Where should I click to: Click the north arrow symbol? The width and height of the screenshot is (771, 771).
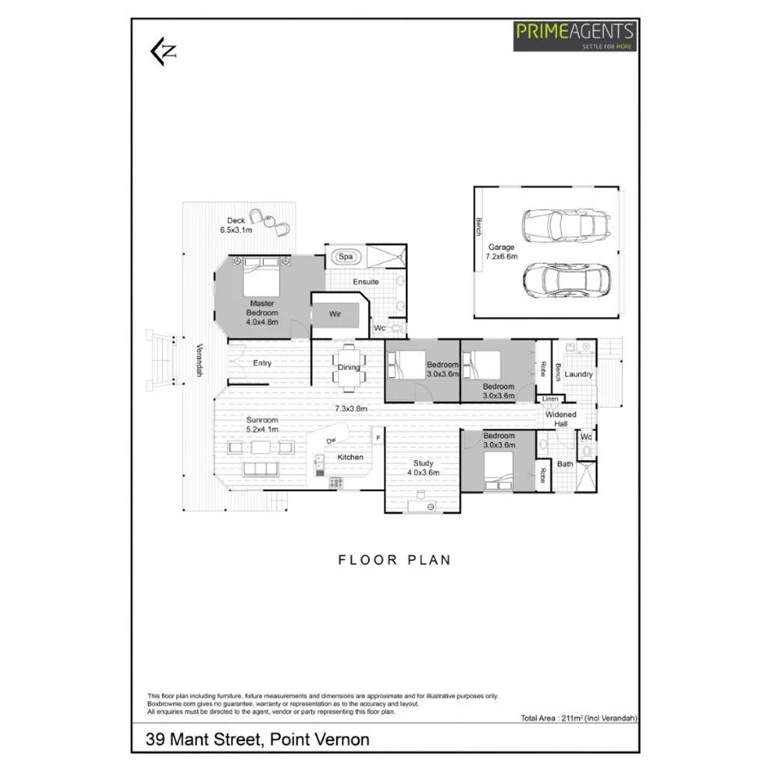163,51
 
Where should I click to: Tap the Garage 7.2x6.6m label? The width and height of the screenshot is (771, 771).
503,252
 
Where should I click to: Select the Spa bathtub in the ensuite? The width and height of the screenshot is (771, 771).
346,256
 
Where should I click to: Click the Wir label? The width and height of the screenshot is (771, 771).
336,314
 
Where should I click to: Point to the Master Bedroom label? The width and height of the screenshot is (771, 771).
261,313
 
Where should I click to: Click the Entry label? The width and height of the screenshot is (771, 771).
262,363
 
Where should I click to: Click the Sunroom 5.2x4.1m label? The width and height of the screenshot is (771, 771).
262,424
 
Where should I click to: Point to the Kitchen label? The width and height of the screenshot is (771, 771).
350,457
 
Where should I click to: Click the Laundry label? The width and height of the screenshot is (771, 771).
579,374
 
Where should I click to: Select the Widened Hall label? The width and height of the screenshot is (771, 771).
561,419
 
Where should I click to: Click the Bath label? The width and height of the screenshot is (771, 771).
565,464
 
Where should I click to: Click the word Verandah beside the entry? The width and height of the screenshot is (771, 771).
199,360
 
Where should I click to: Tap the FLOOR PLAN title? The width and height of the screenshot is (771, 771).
394,560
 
